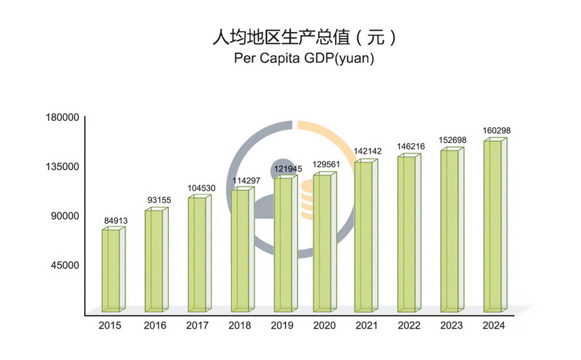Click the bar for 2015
pos(112,270)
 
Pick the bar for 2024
pos(493,225)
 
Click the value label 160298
pos(498,130)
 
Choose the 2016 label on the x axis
pos(155,326)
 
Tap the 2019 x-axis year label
pos(282,326)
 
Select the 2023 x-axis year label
pos(451,326)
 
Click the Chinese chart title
pos(304,37)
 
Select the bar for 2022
pos(408,232)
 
